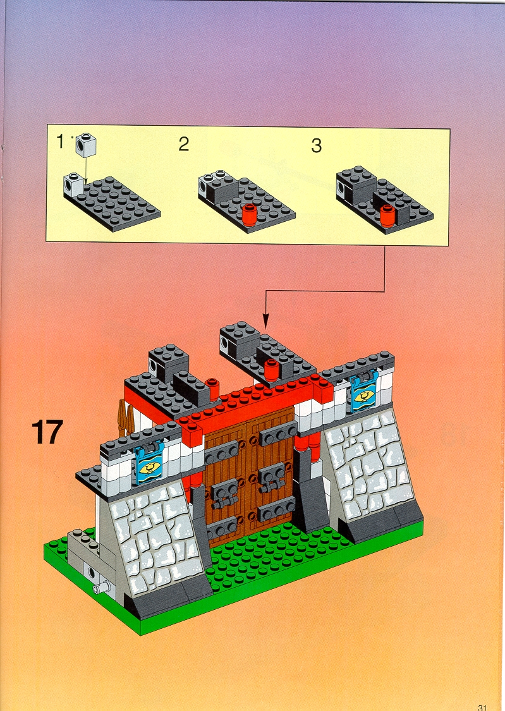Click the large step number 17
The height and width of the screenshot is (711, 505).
47,432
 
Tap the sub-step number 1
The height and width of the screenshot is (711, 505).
60,142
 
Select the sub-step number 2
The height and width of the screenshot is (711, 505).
183,144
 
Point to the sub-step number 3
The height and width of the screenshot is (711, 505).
316,145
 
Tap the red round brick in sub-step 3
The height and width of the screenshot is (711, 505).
387,216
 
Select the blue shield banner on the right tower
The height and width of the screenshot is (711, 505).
363,394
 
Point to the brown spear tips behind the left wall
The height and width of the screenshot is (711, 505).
126,416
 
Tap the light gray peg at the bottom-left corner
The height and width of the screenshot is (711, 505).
102,588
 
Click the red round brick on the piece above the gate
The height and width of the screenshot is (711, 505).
272,369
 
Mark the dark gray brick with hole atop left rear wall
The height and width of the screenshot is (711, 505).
168,362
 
